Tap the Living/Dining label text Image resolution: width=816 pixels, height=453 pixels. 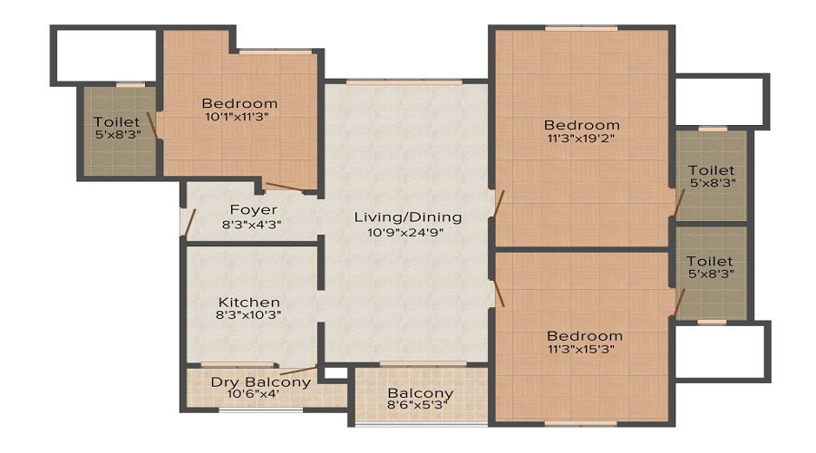pyautogui.click(x=407, y=217)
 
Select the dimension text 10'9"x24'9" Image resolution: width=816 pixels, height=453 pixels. pyautogui.click(x=407, y=232)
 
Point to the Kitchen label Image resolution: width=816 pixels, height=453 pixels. pyautogui.click(x=248, y=302)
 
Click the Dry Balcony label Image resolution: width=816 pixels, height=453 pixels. pyautogui.click(x=260, y=381)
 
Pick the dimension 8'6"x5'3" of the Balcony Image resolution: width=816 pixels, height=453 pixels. pyautogui.click(x=420, y=408)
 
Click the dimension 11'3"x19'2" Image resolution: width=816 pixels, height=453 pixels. pyautogui.click(x=581, y=139)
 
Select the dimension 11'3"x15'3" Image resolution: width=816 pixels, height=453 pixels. pyautogui.click(x=584, y=349)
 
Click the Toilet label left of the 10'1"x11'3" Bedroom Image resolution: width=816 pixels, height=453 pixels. pyautogui.click(x=117, y=121)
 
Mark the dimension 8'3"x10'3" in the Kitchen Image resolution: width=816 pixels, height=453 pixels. pyautogui.click(x=248, y=316)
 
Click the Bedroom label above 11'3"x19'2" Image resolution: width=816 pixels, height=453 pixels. pyautogui.click(x=581, y=125)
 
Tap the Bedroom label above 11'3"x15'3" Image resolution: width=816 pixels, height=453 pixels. pyautogui.click(x=584, y=335)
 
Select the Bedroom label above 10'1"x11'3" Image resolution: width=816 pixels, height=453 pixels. pyautogui.click(x=239, y=103)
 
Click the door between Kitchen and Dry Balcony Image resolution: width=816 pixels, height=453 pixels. pyautogui.click(x=297, y=370)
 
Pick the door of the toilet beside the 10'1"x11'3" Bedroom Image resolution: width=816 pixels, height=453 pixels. pyautogui.click(x=154, y=127)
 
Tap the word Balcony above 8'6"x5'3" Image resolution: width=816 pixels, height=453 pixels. pyautogui.click(x=420, y=393)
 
